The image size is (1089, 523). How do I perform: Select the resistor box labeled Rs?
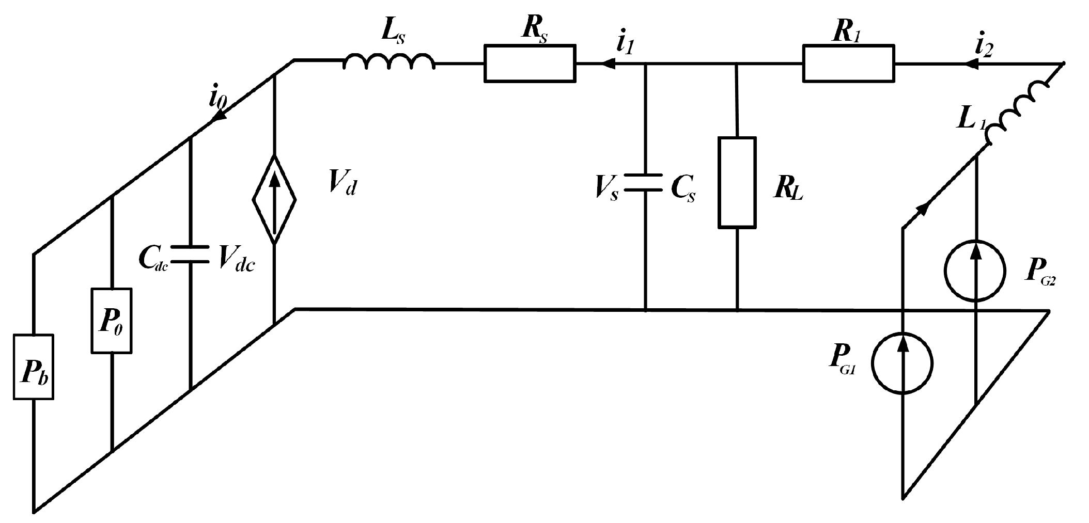pyautogui.click(x=530, y=64)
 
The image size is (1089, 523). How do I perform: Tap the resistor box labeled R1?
pyautogui.click(x=848, y=64)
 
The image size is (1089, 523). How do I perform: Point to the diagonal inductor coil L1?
pyautogui.click(x=1017, y=114)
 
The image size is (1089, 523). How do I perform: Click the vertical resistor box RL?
pyautogui.click(x=737, y=182)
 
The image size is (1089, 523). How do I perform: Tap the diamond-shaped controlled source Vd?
pyautogui.click(x=274, y=199)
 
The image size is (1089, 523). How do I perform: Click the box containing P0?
pyautogui.click(x=112, y=321)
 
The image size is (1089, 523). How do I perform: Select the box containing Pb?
pyautogui.click(x=34, y=367)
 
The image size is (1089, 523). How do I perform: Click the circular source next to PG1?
pyautogui.click(x=903, y=363)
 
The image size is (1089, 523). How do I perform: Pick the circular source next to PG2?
pyautogui.click(x=975, y=271)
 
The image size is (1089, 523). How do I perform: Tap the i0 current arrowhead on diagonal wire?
pyautogui.click(x=219, y=117)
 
